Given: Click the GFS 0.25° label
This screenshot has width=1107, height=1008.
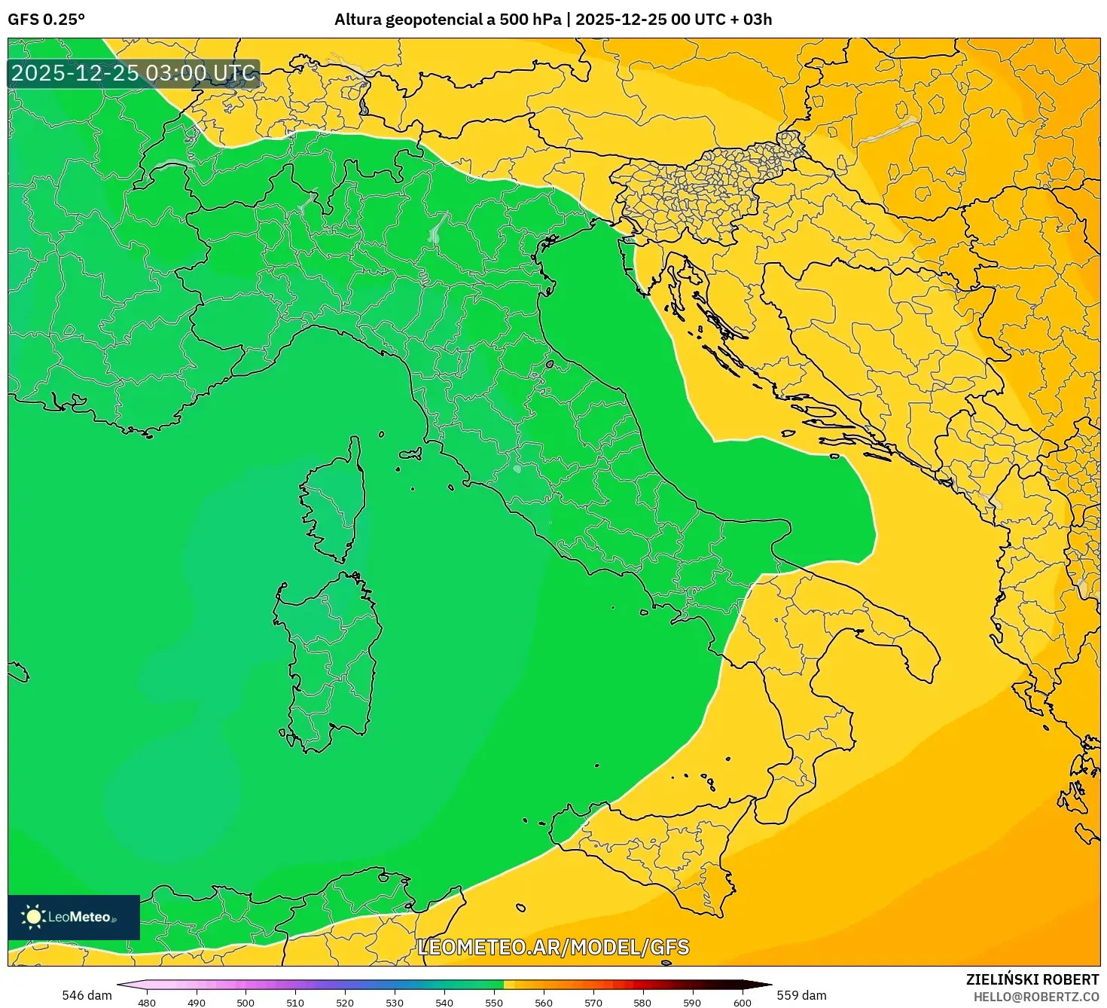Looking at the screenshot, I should click(x=46, y=20).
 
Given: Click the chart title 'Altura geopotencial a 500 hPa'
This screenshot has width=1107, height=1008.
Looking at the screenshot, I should click(x=447, y=20).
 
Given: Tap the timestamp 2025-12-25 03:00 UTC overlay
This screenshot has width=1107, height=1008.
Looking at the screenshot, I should click(x=133, y=73).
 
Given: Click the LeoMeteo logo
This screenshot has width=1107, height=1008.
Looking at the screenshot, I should click(x=74, y=917).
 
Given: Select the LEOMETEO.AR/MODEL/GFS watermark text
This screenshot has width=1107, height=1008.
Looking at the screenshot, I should click(x=553, y=947).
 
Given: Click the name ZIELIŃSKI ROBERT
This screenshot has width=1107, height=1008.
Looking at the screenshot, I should click(x=1032, y=979).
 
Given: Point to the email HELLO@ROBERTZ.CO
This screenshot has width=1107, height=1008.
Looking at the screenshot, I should click(x=1035, y=997).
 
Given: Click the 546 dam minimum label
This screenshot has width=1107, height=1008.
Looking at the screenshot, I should click(x=87, y=995).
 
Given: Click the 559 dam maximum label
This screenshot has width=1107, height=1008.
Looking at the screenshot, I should click(x=801, y=995).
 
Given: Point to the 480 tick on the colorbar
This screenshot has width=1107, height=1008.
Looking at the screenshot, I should click(x=147, y=1003).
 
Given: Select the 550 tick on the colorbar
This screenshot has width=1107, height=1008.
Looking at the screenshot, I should click(x=494, y=1003).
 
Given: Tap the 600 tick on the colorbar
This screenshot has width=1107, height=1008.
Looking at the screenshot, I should click(x=743, y=1003).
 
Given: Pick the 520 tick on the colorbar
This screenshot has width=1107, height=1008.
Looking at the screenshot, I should click(x=345, y=1003).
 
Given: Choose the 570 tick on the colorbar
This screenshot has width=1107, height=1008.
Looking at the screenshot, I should click(x=593, y=1003).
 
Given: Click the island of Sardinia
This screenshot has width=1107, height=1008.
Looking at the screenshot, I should click(x=328, y=655).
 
